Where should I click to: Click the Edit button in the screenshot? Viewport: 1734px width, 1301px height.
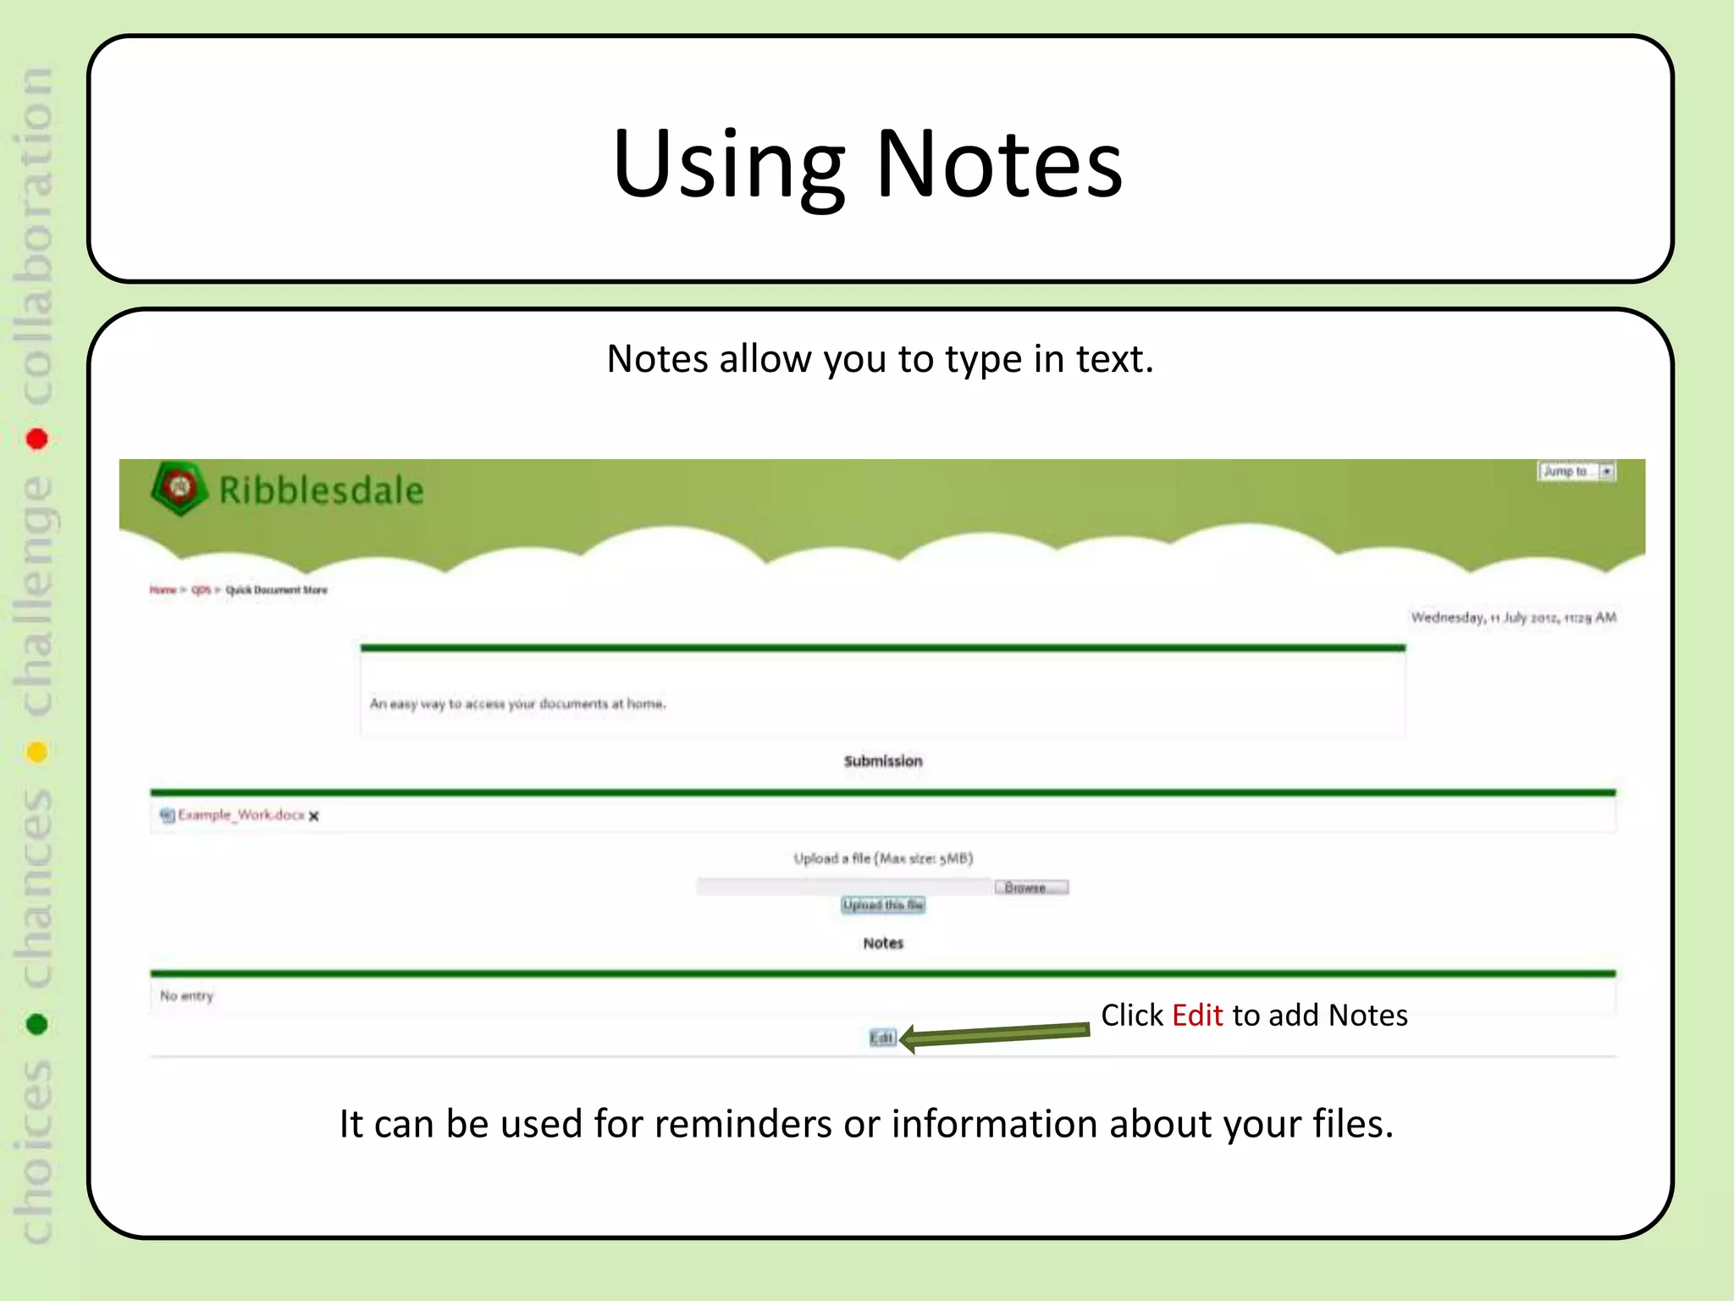tap(881, 1038)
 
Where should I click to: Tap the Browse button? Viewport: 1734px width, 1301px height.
tap(1030, 887)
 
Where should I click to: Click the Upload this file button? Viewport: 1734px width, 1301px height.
tap(883, 905)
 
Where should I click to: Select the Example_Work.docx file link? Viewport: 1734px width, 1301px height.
tap(240, 815)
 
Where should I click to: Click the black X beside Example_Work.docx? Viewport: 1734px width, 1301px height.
tap(314, 817)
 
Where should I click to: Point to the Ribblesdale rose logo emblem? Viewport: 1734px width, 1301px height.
tap(179, 488)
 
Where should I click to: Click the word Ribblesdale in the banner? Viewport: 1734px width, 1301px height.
tap(321, 490)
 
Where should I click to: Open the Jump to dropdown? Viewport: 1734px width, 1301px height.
tap(1577, 471)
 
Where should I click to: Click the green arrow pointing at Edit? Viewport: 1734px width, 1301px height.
tap(995, 1034)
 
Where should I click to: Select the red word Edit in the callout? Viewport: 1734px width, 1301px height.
tap(1197, 1015)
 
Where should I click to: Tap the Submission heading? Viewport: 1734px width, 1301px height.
tap(883, 761)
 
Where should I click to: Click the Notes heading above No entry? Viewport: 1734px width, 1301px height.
tap(883, 943)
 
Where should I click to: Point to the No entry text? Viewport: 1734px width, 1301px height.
tap(186, 996)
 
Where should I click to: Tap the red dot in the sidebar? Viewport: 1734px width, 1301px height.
tap(36, 439)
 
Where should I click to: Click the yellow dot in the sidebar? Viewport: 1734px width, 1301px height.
tap(36, 752)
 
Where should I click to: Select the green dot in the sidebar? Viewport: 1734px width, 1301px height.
tap(36, 1024)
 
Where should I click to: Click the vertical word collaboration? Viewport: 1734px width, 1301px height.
tap(36, 237)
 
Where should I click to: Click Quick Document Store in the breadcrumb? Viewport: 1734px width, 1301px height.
tap(276, 590)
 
